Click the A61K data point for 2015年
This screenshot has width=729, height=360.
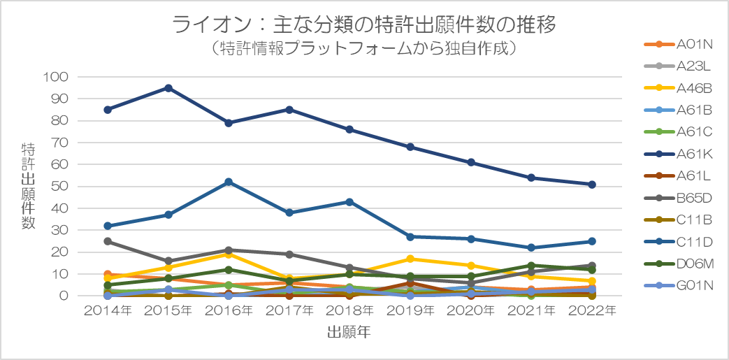tap(168, 88)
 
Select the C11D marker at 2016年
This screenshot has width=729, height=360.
tap(229, 182)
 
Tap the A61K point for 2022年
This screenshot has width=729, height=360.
tap(592, 185)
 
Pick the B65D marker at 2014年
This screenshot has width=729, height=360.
tap(108, 241)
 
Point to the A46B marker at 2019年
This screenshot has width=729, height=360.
tap(411, 259)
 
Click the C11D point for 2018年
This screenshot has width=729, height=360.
tap(350, 202)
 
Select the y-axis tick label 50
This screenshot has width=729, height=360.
tap(60, 187)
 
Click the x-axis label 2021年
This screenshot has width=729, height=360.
tap(532, 310)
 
